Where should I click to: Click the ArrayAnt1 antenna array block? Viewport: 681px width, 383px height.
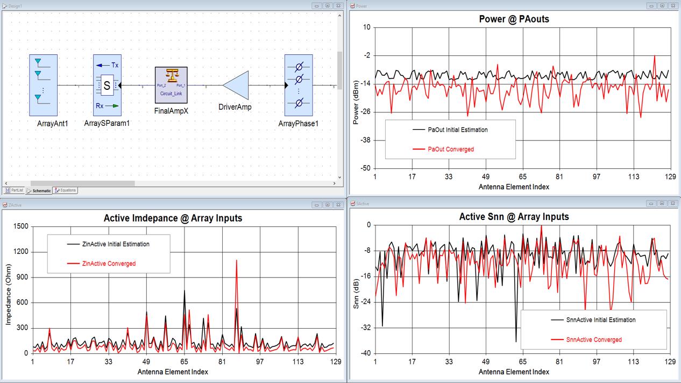pos(43,85)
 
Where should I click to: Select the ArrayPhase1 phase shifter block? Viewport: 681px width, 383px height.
pos(299,85)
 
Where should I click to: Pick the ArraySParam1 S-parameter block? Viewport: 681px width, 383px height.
pos(107,85)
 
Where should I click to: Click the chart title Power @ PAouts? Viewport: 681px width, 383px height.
pos(514,19)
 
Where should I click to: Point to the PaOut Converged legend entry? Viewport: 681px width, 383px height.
pos(451,150)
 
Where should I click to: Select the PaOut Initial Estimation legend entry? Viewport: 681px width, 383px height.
pos(458,130)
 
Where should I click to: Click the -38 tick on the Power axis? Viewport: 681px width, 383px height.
pos(364,140)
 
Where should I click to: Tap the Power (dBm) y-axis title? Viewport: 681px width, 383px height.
pos(356,98)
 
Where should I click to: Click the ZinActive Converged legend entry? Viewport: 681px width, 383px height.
pos(109,264)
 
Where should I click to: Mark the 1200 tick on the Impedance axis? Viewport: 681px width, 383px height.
pos(20,252)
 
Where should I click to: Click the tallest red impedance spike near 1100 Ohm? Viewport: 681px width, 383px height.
pos(236,261)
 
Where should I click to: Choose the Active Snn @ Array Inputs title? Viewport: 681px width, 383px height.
pos(514,217)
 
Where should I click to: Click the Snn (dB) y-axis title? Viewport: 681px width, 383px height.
pos(356,289)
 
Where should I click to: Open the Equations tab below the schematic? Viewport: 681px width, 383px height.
pos(65,190)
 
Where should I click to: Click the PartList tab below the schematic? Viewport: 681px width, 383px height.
pos(15,190)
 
